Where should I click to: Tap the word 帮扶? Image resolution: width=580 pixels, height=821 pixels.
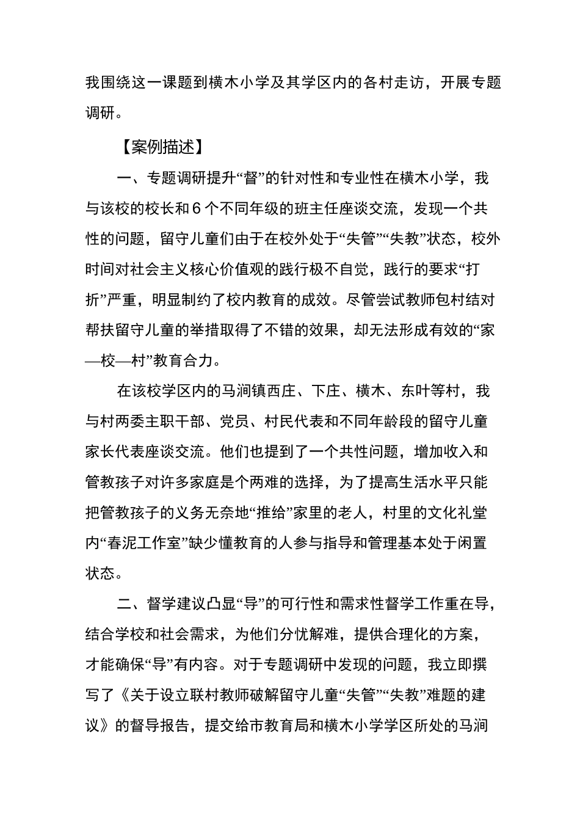(101, 330)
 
